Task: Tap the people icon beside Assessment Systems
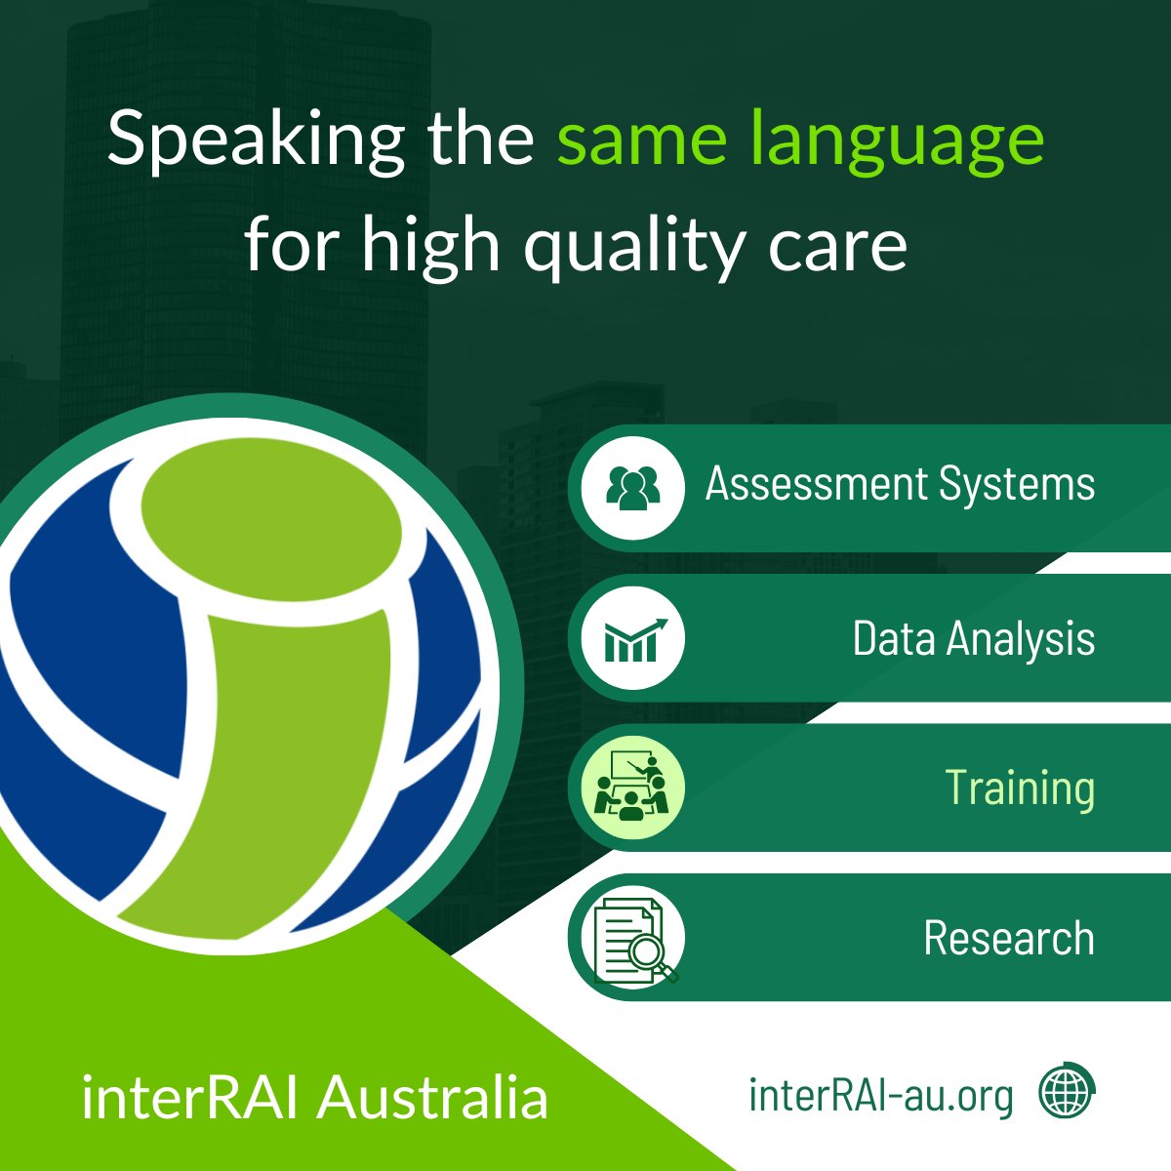(632, 485)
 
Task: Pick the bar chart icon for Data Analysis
(632, 638)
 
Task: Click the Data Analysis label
(973, 639)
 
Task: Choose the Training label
(1019, 788)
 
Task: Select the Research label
(1008, 939)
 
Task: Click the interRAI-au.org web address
(880, 1095)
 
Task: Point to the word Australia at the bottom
(433, 1098)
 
